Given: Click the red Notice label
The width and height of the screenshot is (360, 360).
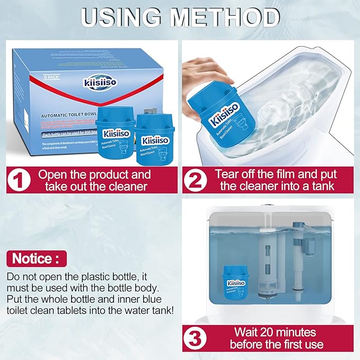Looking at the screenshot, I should tap(37, 259).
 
